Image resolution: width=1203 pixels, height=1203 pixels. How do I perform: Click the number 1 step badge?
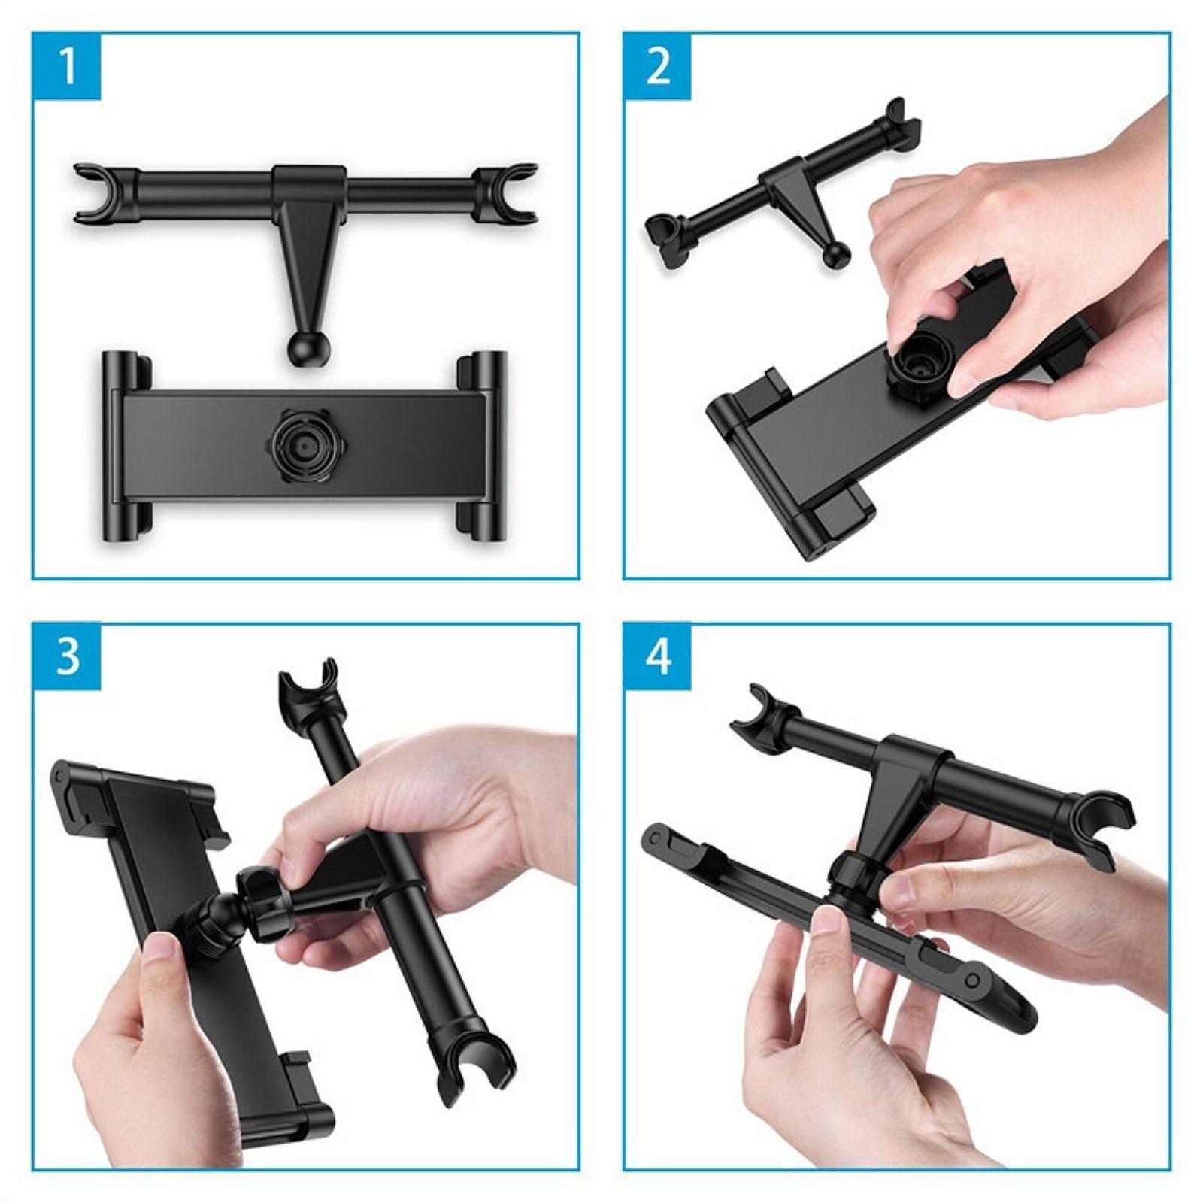[66, 66]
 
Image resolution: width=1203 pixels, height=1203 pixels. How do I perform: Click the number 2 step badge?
[657, 66]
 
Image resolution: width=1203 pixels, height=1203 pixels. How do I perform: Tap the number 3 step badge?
[66, 657]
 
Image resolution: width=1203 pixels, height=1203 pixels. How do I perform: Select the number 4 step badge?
[657, 657]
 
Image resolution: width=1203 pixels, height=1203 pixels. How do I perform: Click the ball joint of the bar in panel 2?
[835, 256]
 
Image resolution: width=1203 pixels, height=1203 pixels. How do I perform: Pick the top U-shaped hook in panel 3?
[308, 684]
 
